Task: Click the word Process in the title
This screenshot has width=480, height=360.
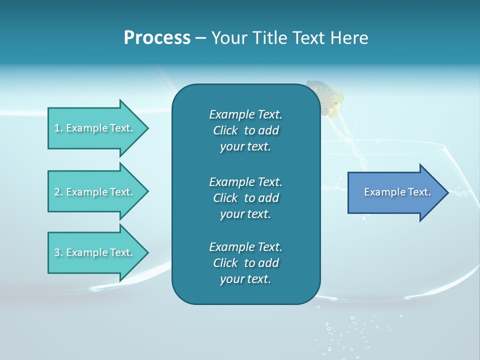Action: (x=157, y=38)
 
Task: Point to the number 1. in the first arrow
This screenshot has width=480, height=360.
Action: (x=58, y=128)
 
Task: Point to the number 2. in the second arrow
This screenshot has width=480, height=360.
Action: (x=58, y=192)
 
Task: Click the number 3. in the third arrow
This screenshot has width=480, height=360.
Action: (x=58, y=252)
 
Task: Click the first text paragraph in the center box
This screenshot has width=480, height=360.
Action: (x=245, y=130)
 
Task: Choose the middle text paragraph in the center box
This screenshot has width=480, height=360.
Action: (x=245, y=198)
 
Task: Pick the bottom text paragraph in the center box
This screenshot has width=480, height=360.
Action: (x=245, y=263)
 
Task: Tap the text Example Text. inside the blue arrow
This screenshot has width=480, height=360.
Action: (x=397, y=192)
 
